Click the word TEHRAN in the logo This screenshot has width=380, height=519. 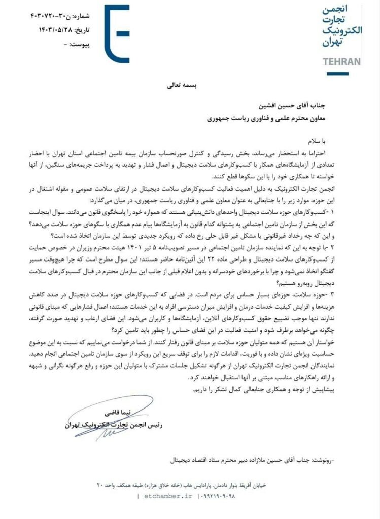[x=342, y=62]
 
